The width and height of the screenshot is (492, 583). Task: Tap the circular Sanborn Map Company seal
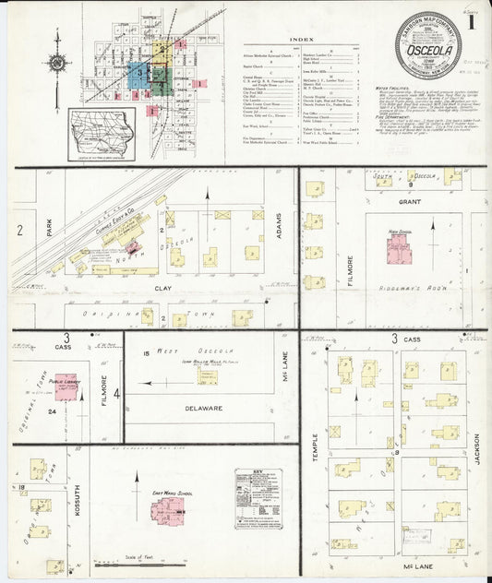[427, 45]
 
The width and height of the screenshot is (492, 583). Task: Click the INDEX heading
[301, 41]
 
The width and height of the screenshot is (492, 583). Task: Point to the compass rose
[58, 63]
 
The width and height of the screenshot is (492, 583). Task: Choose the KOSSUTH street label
[79, 503]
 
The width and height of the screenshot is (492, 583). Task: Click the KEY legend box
[258, 498]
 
